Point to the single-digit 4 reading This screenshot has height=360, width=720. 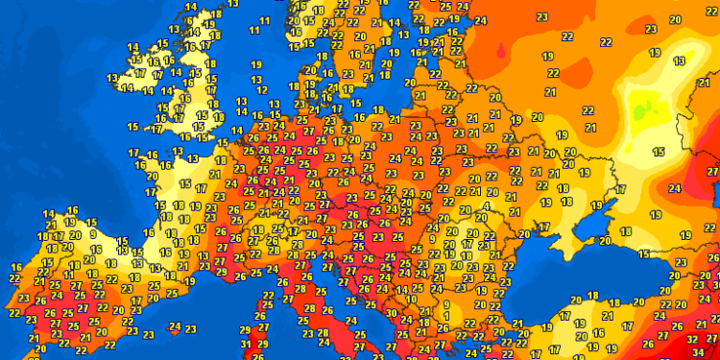tap(487, 204)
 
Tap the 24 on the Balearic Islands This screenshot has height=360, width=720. tap(175, 326)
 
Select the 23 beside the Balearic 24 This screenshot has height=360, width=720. tap(190, 329)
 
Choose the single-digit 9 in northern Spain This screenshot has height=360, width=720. tap(92, 233)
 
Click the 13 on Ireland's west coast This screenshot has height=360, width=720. tap(112, 79)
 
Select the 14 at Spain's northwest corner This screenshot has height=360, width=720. tap(48, 213)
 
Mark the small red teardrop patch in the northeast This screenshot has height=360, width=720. tap(500, 53)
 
